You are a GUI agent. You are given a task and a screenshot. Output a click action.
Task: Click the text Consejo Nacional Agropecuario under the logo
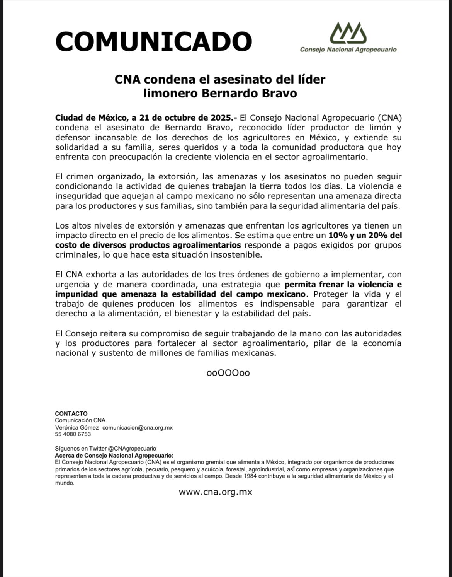click(348, 50)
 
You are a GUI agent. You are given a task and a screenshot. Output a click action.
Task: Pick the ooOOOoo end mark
click(228, 373)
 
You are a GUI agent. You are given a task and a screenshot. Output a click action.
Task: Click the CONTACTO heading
click(71, 413)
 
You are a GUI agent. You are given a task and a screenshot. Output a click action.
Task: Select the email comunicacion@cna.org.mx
click(138, 427)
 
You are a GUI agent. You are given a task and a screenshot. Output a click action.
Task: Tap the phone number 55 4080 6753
click(73, 434)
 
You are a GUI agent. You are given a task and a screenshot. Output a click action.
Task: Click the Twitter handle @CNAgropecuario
click(132, 448)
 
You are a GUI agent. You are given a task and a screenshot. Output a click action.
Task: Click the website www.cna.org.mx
click(215, 492)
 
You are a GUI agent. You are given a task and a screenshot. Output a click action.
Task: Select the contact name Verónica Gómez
click(77, 427)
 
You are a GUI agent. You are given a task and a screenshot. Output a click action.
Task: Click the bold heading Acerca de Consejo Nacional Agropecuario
click(114, 455)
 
